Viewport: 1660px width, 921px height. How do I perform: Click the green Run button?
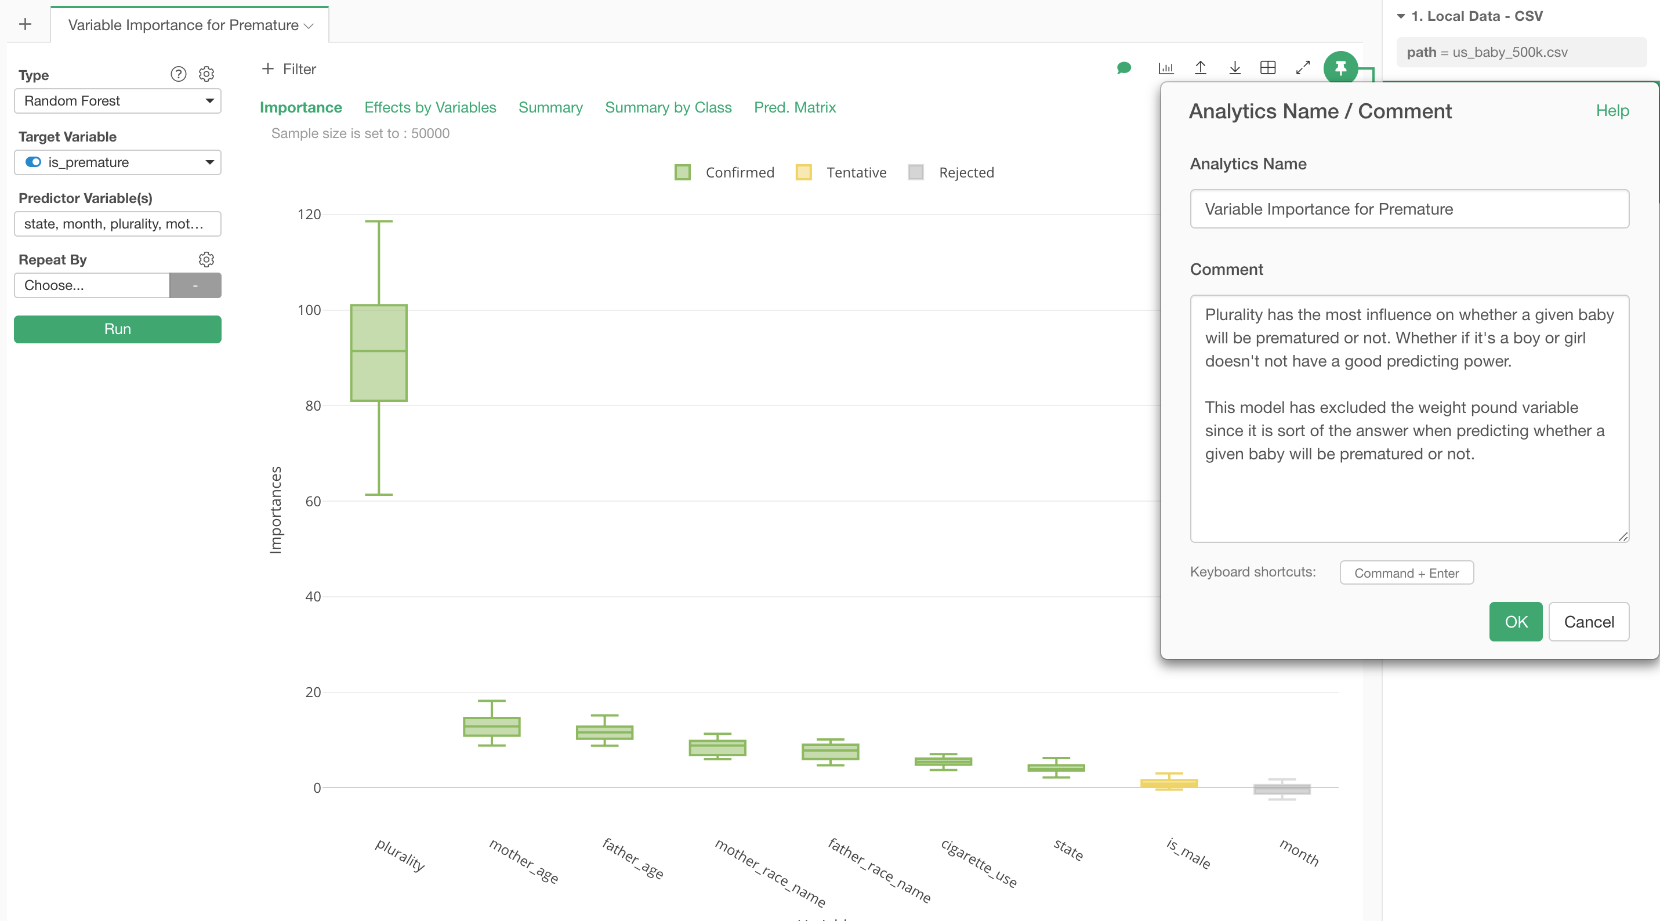click(117, 329)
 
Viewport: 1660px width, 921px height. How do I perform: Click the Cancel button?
click(1589, 622)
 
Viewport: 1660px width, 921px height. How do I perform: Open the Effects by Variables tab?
click(430, 108)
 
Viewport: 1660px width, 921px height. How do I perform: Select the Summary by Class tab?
click(668, 108)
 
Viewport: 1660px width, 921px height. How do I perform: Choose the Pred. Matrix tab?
click(795, 108)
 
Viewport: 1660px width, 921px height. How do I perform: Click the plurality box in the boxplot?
click(379, 353)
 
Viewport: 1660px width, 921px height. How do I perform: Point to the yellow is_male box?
click(1169, 783)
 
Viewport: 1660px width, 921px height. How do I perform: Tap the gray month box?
click(1282, 789)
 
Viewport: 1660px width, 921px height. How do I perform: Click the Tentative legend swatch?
click(803, 172)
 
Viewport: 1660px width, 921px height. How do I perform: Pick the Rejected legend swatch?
click(916, 172)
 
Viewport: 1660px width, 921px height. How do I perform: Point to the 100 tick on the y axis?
click(309, 310)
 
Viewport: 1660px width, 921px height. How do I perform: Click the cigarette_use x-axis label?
click(979, 863)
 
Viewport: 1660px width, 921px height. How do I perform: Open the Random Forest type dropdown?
click(117, 101)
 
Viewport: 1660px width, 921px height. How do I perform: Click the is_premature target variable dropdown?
click(117, 162)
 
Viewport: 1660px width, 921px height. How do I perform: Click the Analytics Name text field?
click(1409, 209)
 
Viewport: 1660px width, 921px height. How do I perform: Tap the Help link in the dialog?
click(1612, 111)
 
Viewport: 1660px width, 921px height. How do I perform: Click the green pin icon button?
click(1340, 68)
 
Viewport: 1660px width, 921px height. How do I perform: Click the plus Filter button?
click(289, 69)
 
